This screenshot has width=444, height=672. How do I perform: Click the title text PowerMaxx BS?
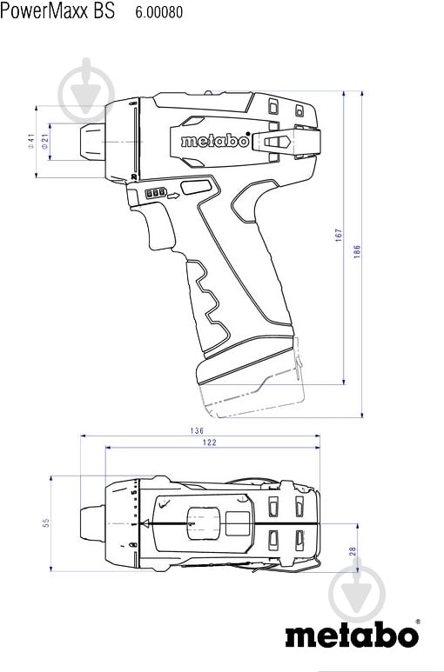58,13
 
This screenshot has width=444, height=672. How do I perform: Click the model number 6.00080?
159,13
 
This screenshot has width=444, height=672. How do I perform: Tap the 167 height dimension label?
340,235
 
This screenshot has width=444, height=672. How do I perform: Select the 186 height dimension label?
357,251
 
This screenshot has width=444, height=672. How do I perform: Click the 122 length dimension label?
211,442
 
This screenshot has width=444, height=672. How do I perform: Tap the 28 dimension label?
352,551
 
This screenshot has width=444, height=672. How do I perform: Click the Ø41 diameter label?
30,143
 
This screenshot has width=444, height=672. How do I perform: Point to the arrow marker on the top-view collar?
145,523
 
